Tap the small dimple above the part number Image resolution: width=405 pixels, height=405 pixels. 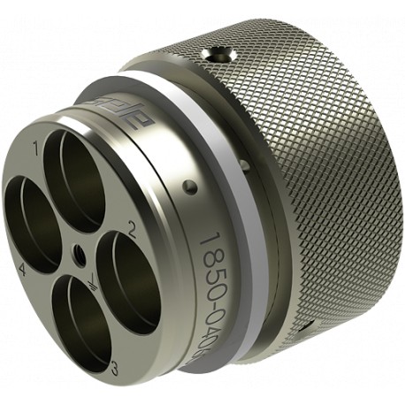coord(188,187)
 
